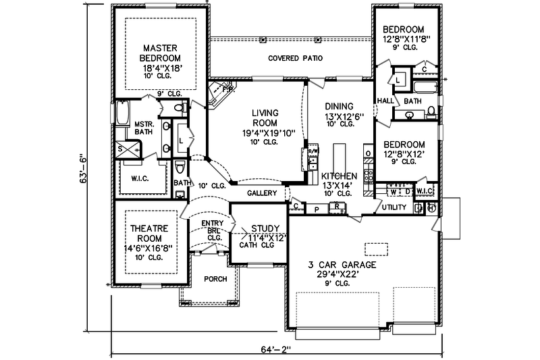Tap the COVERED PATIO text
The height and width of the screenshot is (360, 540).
point(295,59)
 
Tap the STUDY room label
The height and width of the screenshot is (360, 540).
point(260,228)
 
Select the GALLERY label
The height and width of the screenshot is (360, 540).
point(262,193)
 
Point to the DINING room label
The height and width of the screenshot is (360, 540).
point(340,106)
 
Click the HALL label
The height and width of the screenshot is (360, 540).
point(385,101)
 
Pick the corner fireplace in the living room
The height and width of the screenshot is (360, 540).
point(220,93)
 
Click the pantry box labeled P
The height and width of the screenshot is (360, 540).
point(316,209)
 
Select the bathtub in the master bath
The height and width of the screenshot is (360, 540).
point(122,113)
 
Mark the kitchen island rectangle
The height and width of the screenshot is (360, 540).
point(339,155)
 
